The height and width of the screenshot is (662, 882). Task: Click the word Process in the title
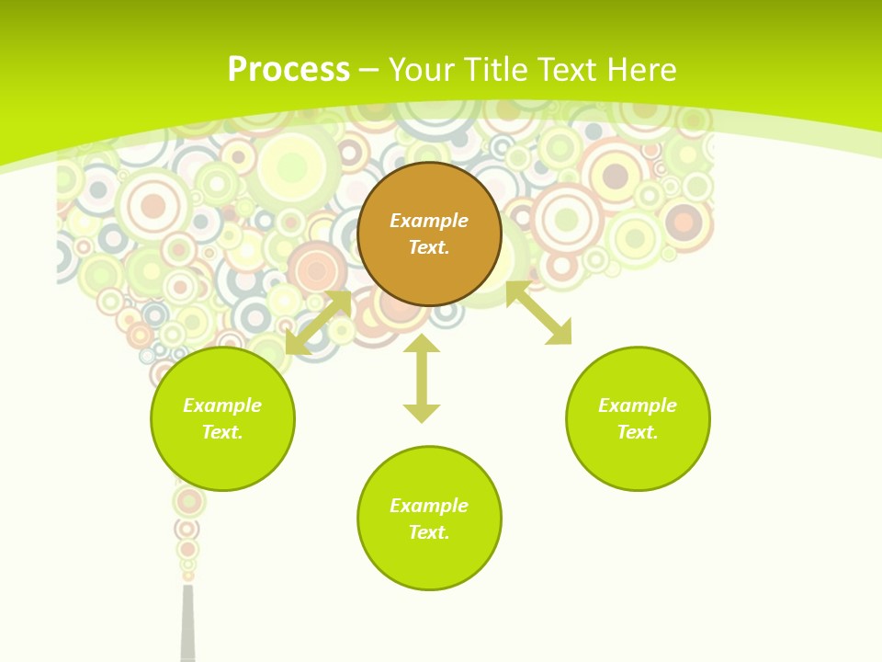click(288, 70)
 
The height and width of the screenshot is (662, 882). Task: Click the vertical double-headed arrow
click(422, 379)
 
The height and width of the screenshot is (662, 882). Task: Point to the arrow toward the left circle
click(318, 322)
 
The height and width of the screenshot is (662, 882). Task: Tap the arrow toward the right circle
click(538, 313)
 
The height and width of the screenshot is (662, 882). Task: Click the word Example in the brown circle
click(429, 221)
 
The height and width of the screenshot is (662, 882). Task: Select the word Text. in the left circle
click(222, 432)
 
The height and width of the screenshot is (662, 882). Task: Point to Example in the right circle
click(638, 405)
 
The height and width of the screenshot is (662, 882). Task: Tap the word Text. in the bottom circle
click(429, 532)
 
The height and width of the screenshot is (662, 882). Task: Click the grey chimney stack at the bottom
click(188, 625)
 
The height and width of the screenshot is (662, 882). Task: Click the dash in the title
click(369, 70)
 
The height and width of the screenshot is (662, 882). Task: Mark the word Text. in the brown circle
click(429, 247)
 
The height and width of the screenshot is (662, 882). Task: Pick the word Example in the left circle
click(222, 405)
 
